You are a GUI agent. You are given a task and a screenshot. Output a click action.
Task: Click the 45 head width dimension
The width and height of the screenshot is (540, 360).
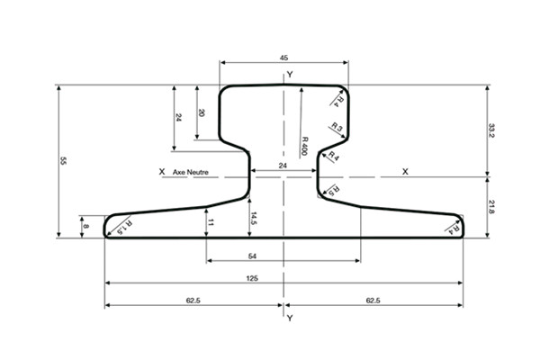[284, 57]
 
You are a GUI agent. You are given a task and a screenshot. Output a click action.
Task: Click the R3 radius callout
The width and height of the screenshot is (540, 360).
[336, 128]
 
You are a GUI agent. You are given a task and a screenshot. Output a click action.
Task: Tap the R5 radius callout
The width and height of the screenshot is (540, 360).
[331, 190]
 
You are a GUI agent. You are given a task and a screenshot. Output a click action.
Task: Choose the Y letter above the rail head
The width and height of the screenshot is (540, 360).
[289, 72]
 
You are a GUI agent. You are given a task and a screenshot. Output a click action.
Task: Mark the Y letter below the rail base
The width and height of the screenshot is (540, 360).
[289, 319]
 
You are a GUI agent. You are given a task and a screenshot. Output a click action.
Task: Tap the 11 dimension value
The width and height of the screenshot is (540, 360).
[211, 221]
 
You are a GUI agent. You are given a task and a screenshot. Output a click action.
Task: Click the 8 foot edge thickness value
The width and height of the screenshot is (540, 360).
[86, 228]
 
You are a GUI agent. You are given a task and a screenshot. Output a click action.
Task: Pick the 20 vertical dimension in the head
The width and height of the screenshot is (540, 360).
[202, 113]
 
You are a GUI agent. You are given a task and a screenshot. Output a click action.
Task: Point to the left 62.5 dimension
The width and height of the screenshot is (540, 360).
[193, 301]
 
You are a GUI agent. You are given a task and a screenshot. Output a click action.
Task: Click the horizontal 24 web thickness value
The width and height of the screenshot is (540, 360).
[283, 166]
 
